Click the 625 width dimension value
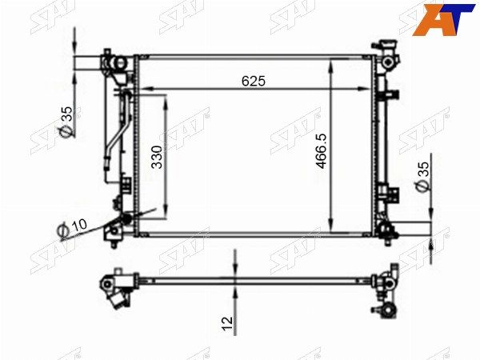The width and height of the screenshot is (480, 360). [x=254, y=81]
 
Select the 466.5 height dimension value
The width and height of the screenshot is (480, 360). [x=322, y=151]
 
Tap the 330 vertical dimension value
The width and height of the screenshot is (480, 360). [x=158, y=157]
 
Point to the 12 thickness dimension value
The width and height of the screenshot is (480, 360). [x=227, y=323]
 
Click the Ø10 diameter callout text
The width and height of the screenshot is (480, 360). [x=73, y=227]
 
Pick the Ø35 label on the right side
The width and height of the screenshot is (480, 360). [x=422, y=176]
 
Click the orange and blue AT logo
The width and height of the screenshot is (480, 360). [x=443, y=19]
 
